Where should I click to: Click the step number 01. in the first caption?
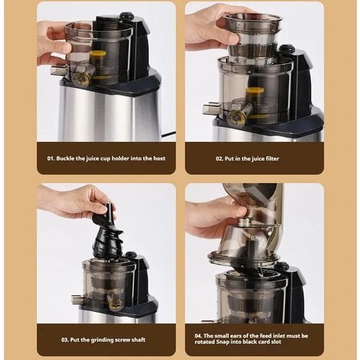pos(50,158)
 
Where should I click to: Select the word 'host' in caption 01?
pos(159,158)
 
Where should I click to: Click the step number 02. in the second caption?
pos(219,158)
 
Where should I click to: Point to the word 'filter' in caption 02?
pos(272,158)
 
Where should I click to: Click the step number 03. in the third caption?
pos(65,340)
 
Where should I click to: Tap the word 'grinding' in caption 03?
pos(102,340)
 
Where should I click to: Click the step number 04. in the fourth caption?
pos(199,336)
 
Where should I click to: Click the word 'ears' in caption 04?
pos(236,336)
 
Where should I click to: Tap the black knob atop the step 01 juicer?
pos(127,15)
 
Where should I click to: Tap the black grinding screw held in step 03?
pos(108,235)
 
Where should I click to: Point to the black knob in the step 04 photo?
pos(283,266)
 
